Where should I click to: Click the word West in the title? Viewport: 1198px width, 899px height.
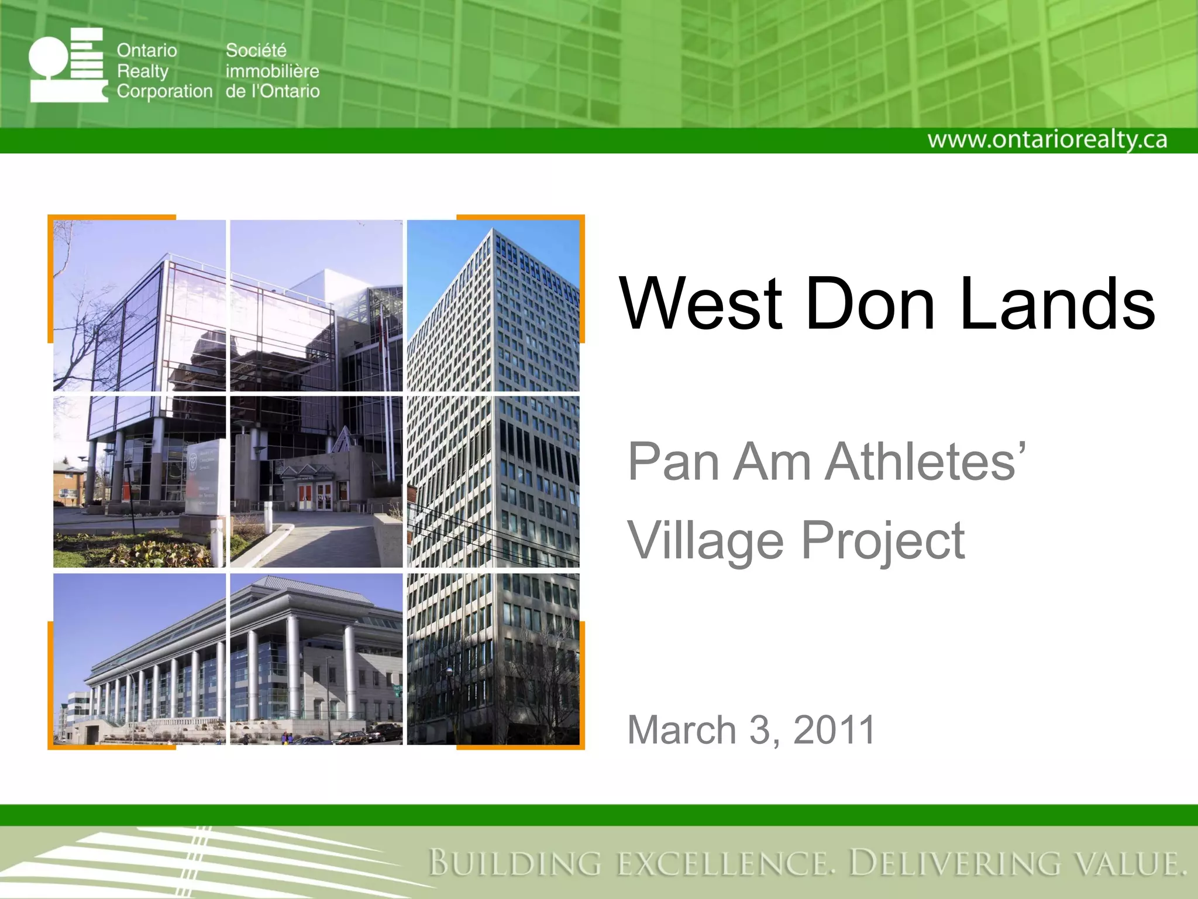pos(701,304)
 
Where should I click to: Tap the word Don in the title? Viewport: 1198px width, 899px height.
pos(870,304)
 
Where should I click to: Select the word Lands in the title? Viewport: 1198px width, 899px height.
pos(1057,304)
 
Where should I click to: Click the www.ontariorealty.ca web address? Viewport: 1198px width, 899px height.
pos(1047,140)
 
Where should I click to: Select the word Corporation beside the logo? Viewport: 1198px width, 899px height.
pos(164,91)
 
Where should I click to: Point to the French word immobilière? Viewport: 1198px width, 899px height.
pos(272,71)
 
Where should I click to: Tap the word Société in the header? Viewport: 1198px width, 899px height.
pos(256,50)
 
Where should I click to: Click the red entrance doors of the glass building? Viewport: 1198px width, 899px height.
pos(315,496)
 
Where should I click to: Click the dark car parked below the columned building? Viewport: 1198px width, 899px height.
pos(383,732)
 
